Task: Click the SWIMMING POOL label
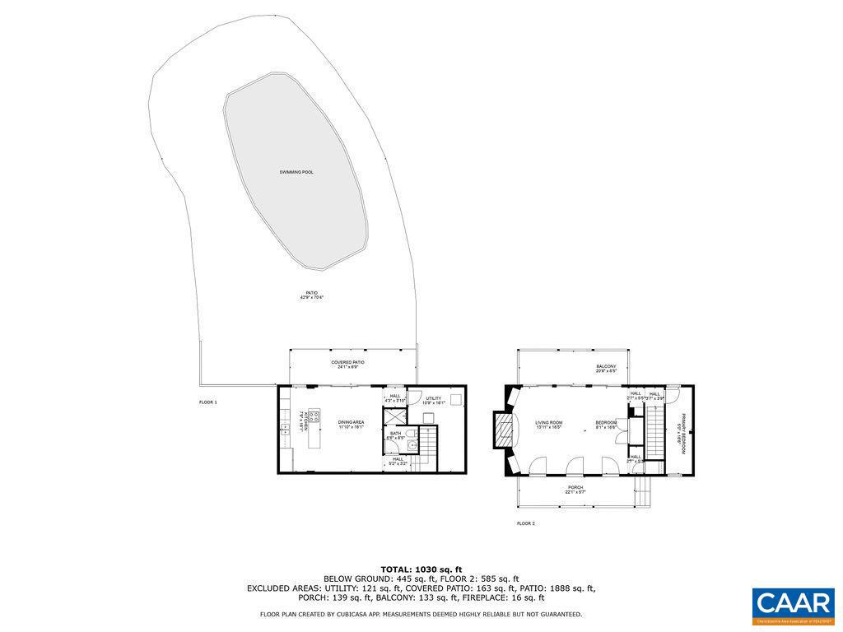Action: click(x=296, y=172)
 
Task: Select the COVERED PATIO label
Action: click(x=348, y=365)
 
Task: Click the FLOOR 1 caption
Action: click(x=208, y=402)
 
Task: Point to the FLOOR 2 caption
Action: click(x=526, y=523)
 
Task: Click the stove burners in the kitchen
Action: click(x=314, y=416)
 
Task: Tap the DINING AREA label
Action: click(x=352, y=425)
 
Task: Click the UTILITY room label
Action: click(x=433, y=401)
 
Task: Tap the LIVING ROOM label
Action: click(x=548, y=425)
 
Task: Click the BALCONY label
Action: click(x=606, y=369)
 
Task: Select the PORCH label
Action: click(x=575, y=490)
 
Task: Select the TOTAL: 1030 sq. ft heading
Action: click(x=421, y=569)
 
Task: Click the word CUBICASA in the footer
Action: click(x=347, y=614)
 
